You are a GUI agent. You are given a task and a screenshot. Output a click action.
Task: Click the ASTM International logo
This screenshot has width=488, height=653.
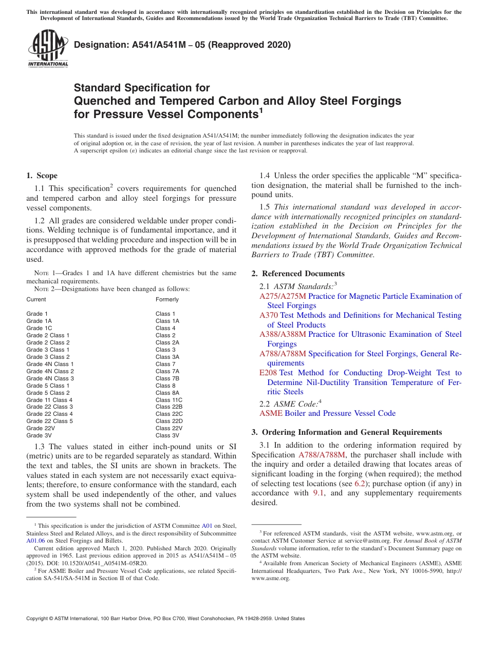48,49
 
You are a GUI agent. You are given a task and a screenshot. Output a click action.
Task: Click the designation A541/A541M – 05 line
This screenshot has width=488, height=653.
182,45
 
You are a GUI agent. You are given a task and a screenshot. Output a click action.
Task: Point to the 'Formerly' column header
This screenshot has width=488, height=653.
167,299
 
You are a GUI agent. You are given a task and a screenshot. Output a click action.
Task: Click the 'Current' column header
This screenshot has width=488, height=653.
36,299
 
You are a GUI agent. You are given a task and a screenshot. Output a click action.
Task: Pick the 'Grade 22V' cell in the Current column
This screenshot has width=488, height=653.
40,428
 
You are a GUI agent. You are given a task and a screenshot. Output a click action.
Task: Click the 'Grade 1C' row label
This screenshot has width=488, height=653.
39,328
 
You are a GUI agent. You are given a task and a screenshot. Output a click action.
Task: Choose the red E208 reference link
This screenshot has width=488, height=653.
268,373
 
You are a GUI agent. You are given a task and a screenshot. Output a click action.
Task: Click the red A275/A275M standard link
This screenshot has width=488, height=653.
283,296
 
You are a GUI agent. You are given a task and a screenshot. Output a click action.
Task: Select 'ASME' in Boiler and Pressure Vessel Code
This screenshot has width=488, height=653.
271,413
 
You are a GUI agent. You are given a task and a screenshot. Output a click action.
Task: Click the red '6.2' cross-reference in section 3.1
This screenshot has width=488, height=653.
360,484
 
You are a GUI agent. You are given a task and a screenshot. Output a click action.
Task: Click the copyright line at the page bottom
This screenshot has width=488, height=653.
165,619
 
